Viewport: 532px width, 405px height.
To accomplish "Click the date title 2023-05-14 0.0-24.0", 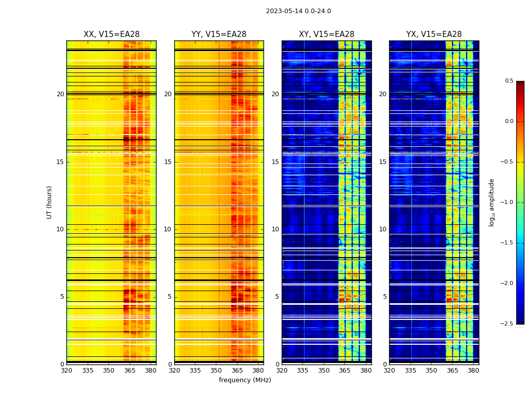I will click(298, 11).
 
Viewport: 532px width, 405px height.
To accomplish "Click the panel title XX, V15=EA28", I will click(111, 34).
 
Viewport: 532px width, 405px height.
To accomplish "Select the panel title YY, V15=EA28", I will click(219, 34).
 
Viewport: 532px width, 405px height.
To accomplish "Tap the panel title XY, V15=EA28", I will click(326, 34).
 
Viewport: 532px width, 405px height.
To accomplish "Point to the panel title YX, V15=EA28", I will click(434, 34).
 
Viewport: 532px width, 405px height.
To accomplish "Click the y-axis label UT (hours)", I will click(49, 202).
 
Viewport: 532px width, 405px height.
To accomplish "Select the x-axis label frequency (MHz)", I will click(245, 380).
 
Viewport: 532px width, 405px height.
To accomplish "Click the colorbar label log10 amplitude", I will click(491, 202).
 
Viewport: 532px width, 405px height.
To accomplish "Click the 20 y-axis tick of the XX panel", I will click(60, 94).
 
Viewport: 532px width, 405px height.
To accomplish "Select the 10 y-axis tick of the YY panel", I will click(168, 229).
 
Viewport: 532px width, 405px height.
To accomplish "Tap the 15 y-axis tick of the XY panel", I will click(275, 162).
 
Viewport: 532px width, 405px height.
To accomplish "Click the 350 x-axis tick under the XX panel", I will click(108, 370).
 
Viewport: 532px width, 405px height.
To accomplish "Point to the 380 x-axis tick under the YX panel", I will click(473, 370).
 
